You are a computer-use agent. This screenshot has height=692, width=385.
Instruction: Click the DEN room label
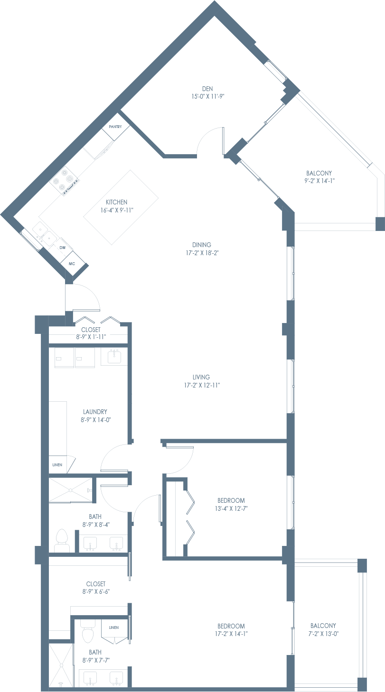point(207,89)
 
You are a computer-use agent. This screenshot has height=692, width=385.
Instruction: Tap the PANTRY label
point(115,127)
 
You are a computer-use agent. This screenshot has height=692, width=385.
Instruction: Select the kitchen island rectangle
point(121,207)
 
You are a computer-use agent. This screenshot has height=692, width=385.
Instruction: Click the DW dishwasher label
point(63,248)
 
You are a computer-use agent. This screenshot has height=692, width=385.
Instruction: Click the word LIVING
point(201,377)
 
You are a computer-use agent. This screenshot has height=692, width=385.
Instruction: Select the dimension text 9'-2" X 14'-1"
point(319,181)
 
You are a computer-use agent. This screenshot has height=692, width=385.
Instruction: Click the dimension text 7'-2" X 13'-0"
point(323,634)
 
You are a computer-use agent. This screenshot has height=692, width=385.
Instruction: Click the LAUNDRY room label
point(95,412)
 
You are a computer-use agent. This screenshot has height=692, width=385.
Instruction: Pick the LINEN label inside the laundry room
point(57,464)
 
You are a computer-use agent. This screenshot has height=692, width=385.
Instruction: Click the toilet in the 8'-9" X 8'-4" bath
point(61,541)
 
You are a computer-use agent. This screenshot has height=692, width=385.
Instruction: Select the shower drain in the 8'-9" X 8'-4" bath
point(70,489)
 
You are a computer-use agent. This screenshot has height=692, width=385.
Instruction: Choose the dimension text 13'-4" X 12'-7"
point(231,508)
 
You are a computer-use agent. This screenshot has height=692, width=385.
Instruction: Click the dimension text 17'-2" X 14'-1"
point(231,634)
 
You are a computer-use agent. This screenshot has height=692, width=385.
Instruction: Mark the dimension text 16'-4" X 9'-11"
point(116,210)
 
